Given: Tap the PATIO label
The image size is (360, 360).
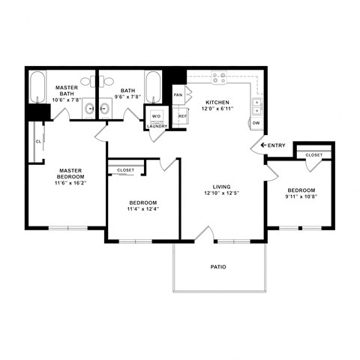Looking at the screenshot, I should pyautogui.click(x=217, y=267).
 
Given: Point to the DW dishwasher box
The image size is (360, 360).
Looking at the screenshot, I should pyautogui.click(x=256, y=122).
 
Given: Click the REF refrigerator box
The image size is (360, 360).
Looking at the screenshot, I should pyautogui.click(x=181, y=116).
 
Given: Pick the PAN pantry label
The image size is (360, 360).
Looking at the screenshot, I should pyautogui.click(x=178, y=95).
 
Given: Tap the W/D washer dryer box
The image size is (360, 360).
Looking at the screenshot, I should pyautogui.click(x=156, y=116).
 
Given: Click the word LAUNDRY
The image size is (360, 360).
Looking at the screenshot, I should pyautogui.click(x=157, y=127).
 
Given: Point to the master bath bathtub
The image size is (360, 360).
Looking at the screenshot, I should pyautogui.click(x=37, y=87).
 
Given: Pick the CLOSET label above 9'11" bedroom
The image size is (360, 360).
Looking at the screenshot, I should pyautogui.click(x=314, y=155).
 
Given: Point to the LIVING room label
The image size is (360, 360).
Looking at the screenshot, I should pyautogui.click(x=220, y=186).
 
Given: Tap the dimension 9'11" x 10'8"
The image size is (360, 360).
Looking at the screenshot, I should pyautogui.click(x=301, y=197).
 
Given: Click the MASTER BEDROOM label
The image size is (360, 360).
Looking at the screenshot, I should pyautogui.click(x=70, y=174).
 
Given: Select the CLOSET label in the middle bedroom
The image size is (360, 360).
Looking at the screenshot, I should pyautogui.click(x=126, y=170).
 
